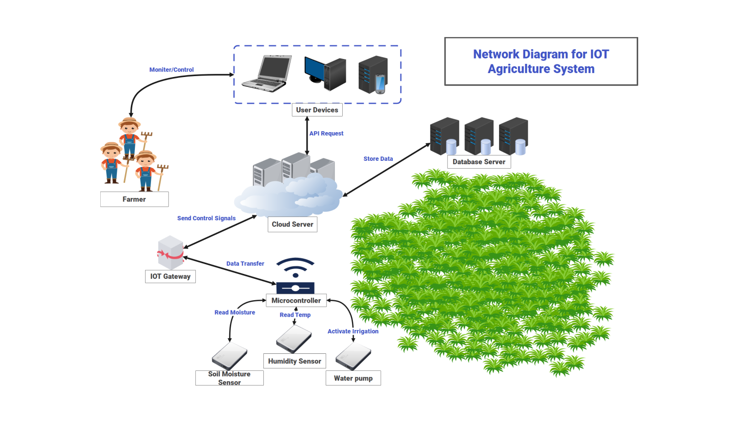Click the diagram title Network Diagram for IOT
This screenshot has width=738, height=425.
pos(541,54)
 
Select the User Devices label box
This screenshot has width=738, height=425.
pos(317,110)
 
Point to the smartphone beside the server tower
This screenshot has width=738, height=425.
pos(380,84)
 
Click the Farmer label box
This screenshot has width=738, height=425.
pos(134,199)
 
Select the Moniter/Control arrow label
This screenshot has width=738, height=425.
pos(171,70)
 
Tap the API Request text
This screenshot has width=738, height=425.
pos(326,134)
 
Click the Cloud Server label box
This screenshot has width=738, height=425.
pos(292,225)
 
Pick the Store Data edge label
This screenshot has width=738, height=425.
pos(378,159)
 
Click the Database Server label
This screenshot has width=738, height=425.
pos(479,162)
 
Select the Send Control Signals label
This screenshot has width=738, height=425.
pos(206,218)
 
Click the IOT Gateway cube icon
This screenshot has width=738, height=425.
pos(170,252)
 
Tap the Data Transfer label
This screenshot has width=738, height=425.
pos(245,264)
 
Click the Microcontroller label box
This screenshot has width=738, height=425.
pos(296,301)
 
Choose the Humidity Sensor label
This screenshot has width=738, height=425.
pos(294,361)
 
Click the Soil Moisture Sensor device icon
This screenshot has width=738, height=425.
pos(229,356)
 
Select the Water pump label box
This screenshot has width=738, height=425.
pos(353,378)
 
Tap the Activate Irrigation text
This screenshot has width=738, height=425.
pos(352,331)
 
